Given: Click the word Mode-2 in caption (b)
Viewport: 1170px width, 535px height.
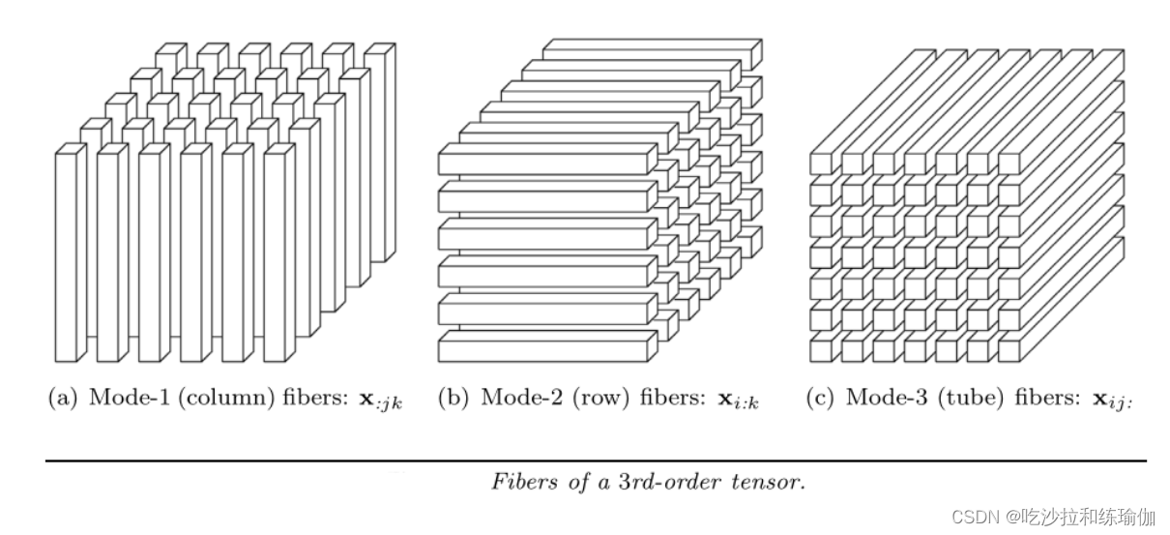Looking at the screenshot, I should [512, 398].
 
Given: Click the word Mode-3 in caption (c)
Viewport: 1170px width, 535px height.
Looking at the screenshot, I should [877, 398].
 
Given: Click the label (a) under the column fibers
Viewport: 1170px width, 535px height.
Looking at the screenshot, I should [62, 399].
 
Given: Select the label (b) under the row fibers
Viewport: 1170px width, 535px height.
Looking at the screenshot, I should [453, 398].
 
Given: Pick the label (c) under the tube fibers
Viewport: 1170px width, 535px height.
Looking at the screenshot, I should [818, 398].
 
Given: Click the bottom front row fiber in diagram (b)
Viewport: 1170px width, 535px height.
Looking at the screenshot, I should [541, 347].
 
